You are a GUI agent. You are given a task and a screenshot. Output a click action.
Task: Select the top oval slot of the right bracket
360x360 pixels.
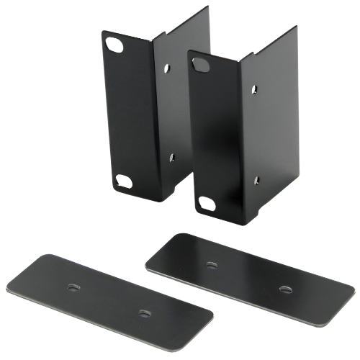coord(199,66)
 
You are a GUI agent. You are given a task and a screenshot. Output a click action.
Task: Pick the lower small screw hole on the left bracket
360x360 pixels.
coord(171,154)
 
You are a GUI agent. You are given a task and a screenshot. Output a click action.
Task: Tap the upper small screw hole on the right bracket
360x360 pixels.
coord(253,90)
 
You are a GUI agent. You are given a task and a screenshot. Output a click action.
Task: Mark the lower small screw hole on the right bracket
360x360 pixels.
coord(256,176)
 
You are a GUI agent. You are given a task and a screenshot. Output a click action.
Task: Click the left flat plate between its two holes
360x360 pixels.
coord(108,300)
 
